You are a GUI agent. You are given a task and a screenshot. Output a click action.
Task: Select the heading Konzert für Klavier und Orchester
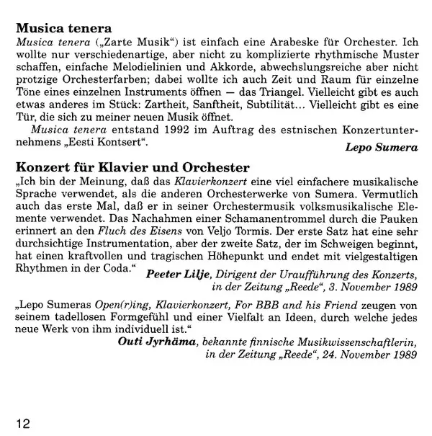tap(133, 169)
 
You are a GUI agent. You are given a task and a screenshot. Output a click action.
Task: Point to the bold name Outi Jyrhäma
tap(159, 339)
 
